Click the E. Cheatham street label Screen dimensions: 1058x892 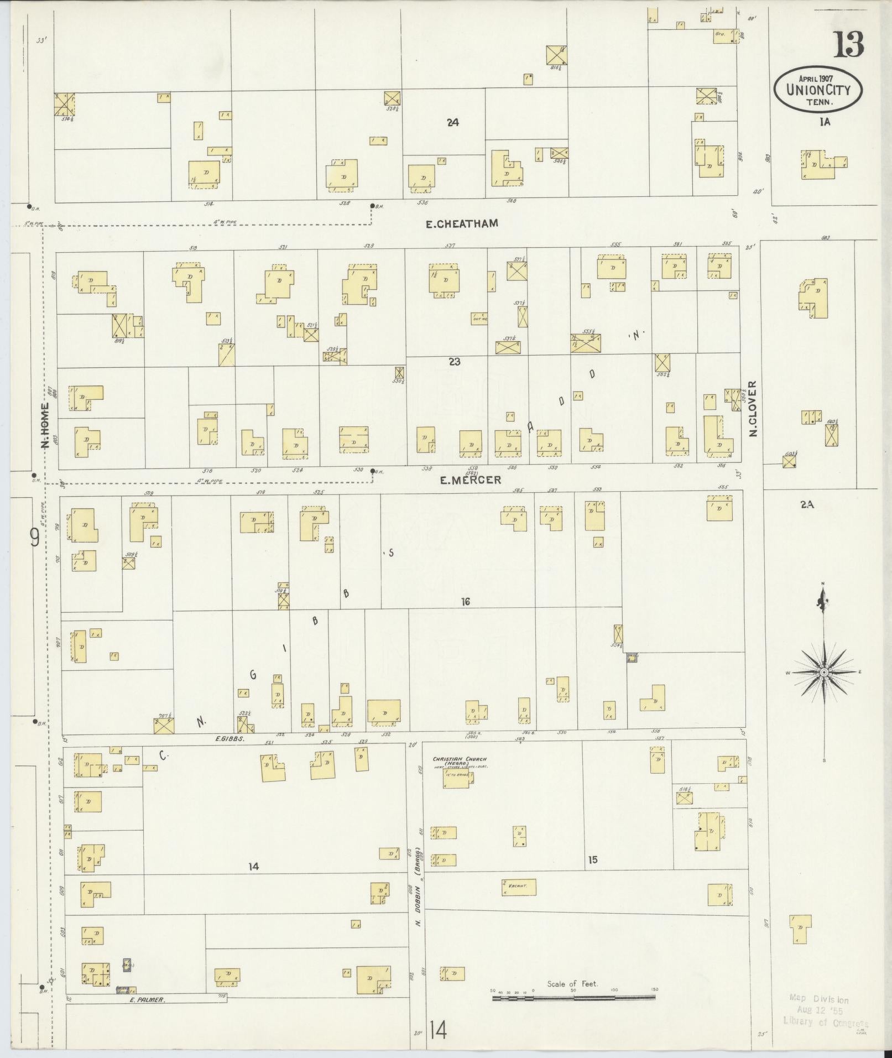click(x=462, y=223)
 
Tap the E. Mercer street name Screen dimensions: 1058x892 click(x=471, y=480)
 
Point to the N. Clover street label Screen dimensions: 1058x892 click(x=753, y=409)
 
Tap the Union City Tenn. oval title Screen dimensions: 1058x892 click(x=818, y=89)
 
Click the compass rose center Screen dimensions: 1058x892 click(x=823, y=672)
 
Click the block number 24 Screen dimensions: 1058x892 click(x=453, y=123)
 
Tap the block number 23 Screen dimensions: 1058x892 click(x=454, y=362)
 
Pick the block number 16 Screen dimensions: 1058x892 click(x=465, y=602)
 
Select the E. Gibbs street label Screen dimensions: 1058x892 click(x=229, y=738)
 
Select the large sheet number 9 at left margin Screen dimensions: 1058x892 click(x=34, y=537)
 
